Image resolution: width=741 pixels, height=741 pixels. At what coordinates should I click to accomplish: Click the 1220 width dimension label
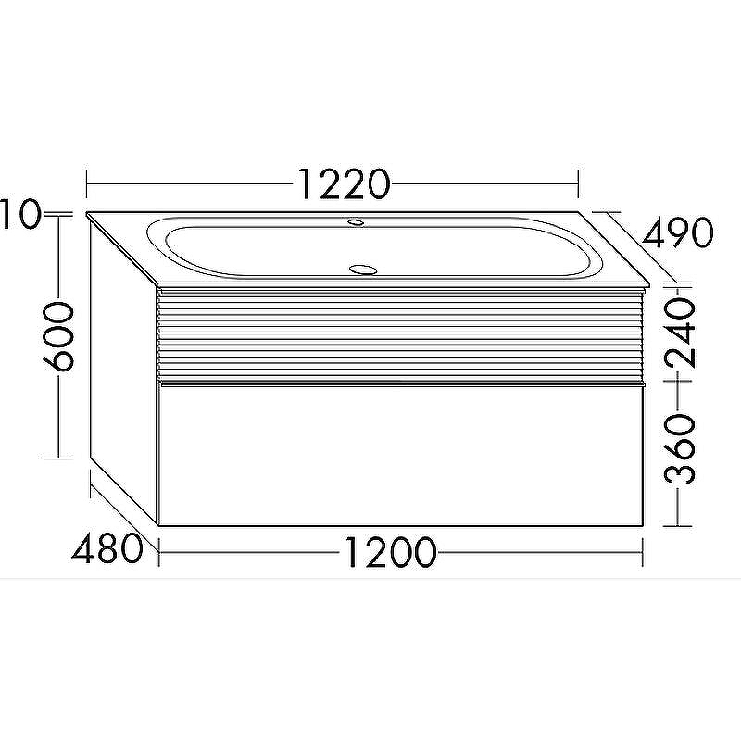click(x=345, y=183)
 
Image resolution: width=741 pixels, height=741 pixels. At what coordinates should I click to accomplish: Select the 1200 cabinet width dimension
click(x=389, y=551)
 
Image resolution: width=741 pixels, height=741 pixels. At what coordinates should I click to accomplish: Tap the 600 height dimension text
click(x=58, y=336)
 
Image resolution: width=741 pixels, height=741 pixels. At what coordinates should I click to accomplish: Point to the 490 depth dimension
click(x=677, y=232)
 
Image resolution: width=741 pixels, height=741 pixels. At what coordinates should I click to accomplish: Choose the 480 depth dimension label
click(x=107, y=547)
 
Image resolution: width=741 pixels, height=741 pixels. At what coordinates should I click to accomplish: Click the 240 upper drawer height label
click(x=680, y=333)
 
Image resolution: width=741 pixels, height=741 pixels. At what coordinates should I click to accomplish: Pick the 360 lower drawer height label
click(x=680, y=448)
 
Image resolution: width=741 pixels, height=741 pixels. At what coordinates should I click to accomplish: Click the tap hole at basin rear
click(x=356, y=221)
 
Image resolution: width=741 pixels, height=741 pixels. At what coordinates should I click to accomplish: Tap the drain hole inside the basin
click(x=362, y=270)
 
